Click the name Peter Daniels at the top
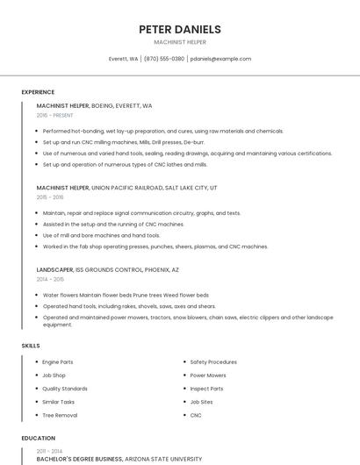(x=180, y=29)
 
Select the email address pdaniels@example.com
(x=220, y=59)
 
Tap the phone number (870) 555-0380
(x=164, y=59)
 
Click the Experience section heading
(x=38, y=92)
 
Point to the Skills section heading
(x=31, y=346)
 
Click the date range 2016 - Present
(x=56, y=115)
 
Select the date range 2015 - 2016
(x=50, y=197)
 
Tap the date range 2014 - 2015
(x=50, y=279)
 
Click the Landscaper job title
(x=54, y=270)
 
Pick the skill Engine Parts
(x=58, y=361)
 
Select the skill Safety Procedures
(x=213, y=361)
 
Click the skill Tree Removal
(x=60, y=415)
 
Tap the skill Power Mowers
(x=208, y=375)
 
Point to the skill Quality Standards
(x=65, y=389)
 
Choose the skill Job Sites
(x=202, y=402)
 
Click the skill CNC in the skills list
(x=196, y=415)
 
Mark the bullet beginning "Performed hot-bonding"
(x=163, y=131)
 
